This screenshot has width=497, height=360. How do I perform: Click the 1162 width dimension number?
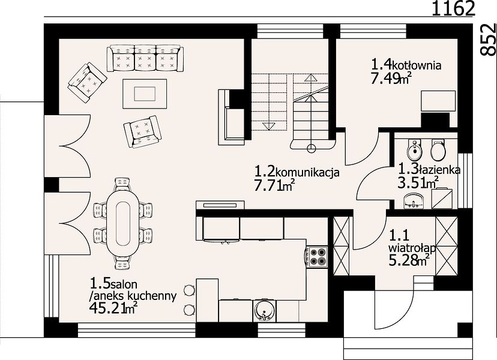[454, 8]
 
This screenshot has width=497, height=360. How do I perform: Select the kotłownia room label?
[417, 65]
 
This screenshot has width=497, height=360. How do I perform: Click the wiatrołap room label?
[412, 248]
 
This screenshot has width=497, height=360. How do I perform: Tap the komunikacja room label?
[308, 173]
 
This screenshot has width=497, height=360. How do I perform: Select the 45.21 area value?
[107, 307]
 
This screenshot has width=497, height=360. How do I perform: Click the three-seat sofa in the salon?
[145, 58]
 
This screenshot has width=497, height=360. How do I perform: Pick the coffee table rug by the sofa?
[145, 94]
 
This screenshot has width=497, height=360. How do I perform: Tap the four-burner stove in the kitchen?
[316, 257]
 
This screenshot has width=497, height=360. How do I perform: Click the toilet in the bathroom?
[438, 149]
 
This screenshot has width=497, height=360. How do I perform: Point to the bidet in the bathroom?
[415, 150]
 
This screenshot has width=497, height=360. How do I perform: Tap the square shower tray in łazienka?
[442, 199]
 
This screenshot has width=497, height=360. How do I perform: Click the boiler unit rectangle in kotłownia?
[438, 101]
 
